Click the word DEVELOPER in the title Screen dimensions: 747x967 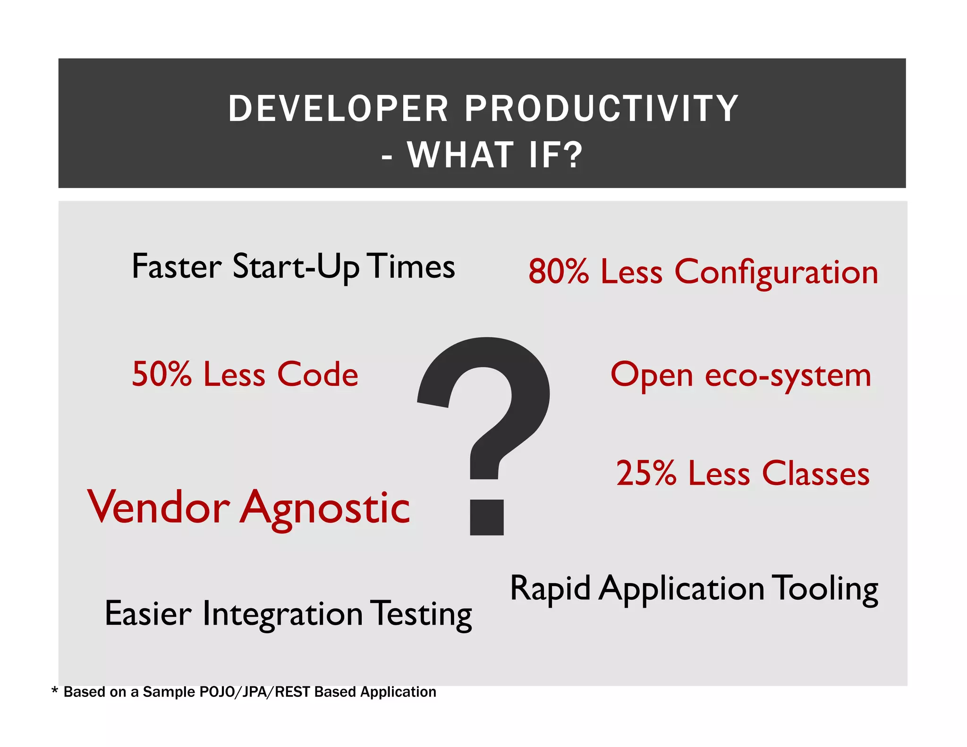(x=338, y=109)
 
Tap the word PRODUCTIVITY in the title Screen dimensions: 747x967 (x=602, y=109)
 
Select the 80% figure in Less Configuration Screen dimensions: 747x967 (x=559, y=272)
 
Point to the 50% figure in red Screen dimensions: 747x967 (x=162, y=374)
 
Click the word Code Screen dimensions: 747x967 (x=317, y=374)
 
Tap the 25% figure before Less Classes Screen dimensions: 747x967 (x=646, y=474)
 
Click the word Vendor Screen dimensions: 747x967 (x=159, y=508)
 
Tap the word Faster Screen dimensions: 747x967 (x=177, y=267)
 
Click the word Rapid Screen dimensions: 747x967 (x=550, y=589)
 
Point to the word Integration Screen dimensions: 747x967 (x=282, y=615)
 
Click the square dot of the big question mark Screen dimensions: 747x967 (x=487, y=517)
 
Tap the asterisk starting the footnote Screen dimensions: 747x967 (x=55, y=691)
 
